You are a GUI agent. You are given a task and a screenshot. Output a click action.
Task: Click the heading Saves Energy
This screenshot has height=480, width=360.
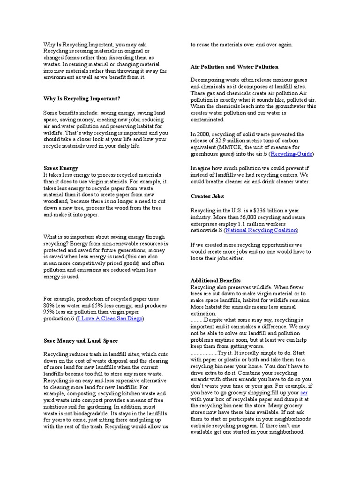(60, 168)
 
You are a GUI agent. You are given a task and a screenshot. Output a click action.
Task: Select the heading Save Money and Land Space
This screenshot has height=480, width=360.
(81, 341)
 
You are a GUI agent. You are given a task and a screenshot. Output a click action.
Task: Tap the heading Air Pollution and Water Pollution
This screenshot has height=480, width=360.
(234, 67)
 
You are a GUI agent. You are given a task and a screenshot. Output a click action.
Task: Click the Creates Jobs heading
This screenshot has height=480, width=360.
(207, 196)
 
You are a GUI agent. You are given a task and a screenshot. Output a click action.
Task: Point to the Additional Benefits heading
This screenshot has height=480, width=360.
(216, 280)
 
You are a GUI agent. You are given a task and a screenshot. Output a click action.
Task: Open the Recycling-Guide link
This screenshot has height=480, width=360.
(292, 154)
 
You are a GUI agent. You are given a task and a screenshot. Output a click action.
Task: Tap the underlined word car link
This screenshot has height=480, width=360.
(304, 392)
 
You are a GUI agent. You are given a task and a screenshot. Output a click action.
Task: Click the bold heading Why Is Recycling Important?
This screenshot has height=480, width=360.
(82, 98)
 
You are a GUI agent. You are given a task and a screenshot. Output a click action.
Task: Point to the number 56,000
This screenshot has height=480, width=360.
(251, 217)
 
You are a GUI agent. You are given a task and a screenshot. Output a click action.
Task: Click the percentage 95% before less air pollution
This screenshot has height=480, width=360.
(50, 312)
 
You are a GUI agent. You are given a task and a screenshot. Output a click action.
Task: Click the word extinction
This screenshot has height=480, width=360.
(203, 313)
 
